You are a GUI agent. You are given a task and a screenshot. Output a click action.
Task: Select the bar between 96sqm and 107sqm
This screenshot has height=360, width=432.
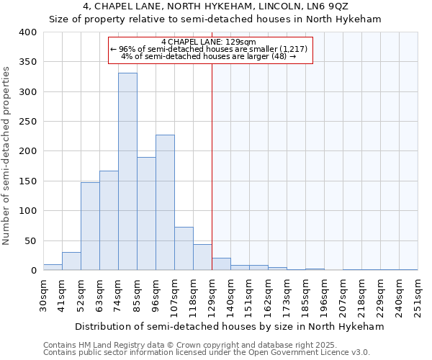click(165, 202)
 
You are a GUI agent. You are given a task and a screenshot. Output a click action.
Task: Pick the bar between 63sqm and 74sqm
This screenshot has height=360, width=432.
click(109, 220)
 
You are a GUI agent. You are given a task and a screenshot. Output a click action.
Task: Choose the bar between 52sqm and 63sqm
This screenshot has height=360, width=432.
click(90, 226)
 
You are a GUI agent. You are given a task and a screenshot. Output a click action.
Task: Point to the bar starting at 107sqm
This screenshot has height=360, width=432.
click(184, 249)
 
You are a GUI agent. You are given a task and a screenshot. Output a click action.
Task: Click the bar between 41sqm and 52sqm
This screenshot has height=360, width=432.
click(71, 261)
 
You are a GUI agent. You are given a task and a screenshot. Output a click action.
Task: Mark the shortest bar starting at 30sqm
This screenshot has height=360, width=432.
click(53, 267)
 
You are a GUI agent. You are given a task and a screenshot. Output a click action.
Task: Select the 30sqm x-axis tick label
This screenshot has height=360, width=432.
click(44, 294)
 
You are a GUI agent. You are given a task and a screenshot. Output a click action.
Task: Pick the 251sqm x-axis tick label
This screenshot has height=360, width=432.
click(418, 294)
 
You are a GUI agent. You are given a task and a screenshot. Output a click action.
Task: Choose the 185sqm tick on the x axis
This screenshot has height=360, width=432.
click(306, 294)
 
